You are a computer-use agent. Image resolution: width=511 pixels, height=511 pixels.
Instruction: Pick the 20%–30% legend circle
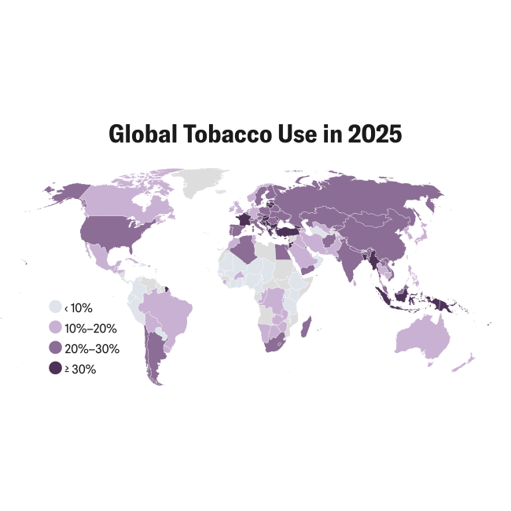coord(56,347)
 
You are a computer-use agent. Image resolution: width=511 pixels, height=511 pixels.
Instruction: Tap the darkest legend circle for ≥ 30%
coord(56,368)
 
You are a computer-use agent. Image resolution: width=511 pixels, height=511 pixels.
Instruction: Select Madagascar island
coord(307,329)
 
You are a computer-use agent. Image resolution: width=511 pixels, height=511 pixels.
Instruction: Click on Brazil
coord(169,311)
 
